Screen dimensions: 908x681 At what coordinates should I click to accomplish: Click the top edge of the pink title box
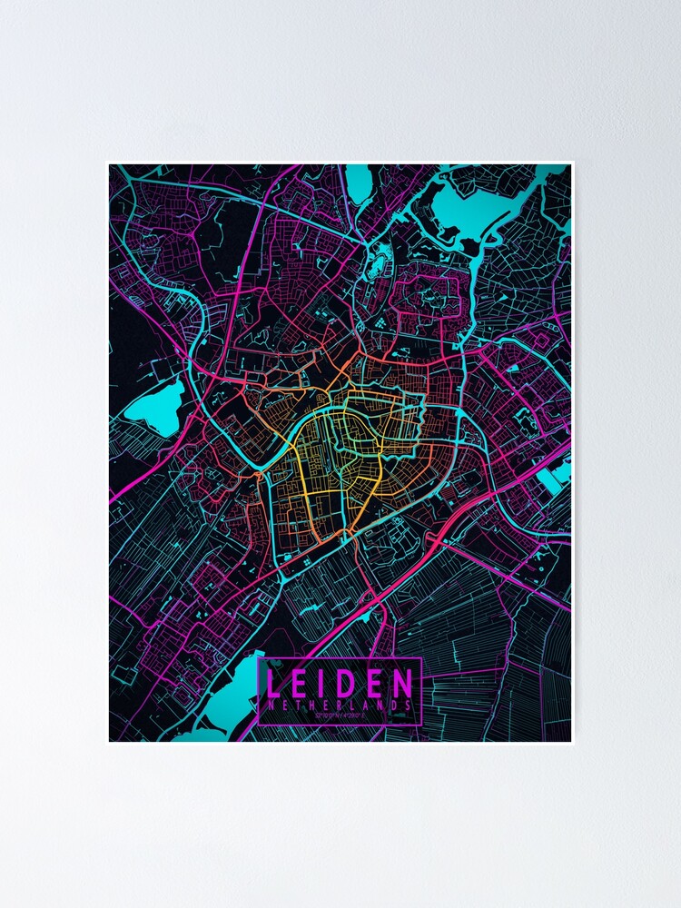pos(340,657)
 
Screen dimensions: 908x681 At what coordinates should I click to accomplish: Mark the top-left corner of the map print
pos(109,164)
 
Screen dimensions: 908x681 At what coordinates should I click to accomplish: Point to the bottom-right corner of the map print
pos(572,742)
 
